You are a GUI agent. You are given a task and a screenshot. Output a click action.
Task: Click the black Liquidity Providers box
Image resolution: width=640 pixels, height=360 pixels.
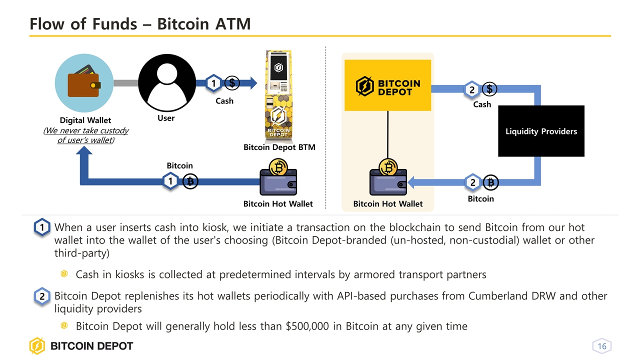tap(541, 131)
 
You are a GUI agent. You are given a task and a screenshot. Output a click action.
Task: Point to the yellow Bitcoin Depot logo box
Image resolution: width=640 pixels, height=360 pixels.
tap(387, 85)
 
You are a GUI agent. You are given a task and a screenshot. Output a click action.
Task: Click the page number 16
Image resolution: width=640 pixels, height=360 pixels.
tap(601, 346)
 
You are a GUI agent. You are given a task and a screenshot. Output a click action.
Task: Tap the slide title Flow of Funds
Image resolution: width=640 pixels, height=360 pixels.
tap(140, 23)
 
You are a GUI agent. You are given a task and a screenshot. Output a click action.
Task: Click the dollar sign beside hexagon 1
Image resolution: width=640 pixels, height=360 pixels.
tap(232, 83)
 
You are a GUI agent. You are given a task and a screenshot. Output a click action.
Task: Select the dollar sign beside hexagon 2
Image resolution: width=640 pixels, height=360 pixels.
tap(490, 89)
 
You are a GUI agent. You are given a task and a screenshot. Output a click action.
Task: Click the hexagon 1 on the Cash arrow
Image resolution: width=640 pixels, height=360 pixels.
tap(214, 83)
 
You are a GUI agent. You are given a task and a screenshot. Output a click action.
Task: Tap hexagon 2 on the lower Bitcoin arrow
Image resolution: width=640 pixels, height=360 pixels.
tap(472, 183)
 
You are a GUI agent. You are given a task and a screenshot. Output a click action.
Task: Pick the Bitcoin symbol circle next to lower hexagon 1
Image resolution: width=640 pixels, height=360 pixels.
tap(190, 181)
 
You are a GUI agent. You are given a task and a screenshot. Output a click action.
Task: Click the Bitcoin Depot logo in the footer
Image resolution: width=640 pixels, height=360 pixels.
tap(81, 346)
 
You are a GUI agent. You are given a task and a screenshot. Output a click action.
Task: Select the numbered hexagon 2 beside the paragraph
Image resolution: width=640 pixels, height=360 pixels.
tap(42, 296)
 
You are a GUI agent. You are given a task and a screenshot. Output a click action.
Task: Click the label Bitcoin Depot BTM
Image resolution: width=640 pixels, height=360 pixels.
tap(279, 147)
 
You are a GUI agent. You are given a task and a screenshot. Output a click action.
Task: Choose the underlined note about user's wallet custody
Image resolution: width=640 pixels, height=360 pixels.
tap(85, 135)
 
